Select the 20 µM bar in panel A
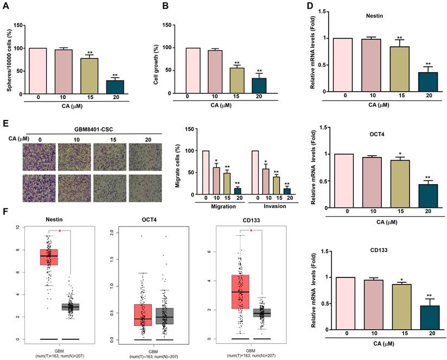point(115,87)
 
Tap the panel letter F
point(6,222)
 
